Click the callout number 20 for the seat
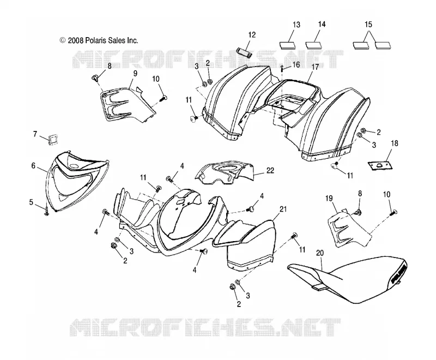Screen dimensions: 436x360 tap(320, 253)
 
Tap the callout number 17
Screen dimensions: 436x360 tap(315, 67)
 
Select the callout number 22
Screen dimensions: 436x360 tap(270, 170)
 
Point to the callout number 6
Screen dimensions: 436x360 tap(33, 166)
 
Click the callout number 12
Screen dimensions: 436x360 tap(252, 35)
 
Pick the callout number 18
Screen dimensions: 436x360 tap(394, 143)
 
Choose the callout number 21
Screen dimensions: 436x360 tap(283, 209)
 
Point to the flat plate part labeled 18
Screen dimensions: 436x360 tap(380, 165)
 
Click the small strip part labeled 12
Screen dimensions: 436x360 tap(244, 52)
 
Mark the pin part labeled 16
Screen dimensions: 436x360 tap(282, 68)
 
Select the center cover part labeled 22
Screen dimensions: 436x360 tap(225, 172)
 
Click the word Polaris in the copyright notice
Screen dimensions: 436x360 tap(96, 40)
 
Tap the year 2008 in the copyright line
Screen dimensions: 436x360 tap(76, 40)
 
